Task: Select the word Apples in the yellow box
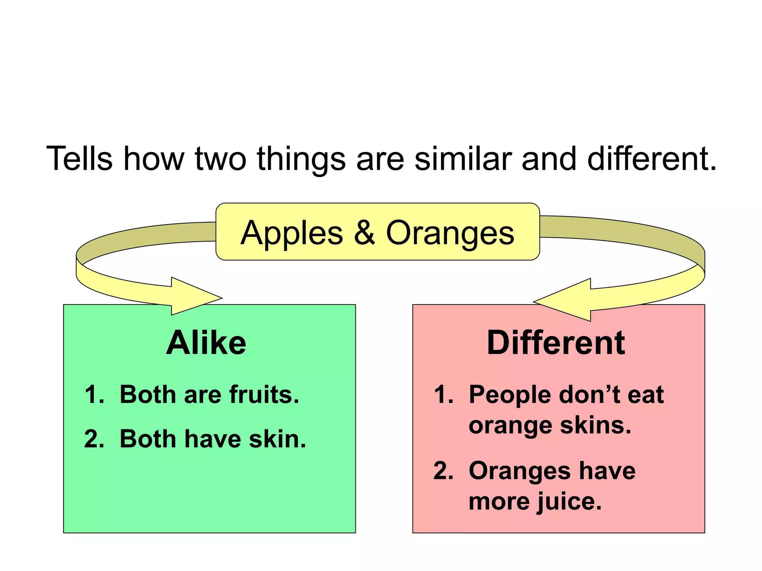point(292,233)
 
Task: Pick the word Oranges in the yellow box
point(450,233)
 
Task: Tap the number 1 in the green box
point(92,394)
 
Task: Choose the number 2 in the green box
point(93,439)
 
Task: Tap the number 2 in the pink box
point(442,471)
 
